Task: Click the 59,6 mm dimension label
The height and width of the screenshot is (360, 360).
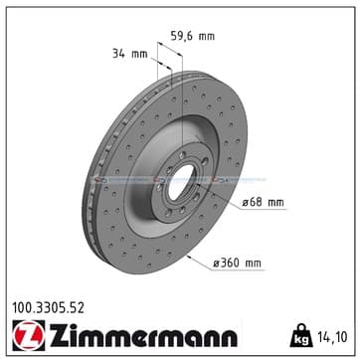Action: pos(193,36)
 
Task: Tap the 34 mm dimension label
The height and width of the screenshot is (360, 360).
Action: pos(129,54)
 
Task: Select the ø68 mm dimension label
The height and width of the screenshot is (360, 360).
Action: pos(263,202)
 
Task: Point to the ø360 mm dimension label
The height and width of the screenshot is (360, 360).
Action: pos(237,264)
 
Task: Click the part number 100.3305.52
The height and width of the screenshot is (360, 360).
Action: pos(48,308)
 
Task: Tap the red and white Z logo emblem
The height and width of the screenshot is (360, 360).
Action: pos(29,335)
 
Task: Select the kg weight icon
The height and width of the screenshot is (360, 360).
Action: pos(301,335)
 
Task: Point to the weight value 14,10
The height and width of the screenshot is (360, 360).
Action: pos(333,337)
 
